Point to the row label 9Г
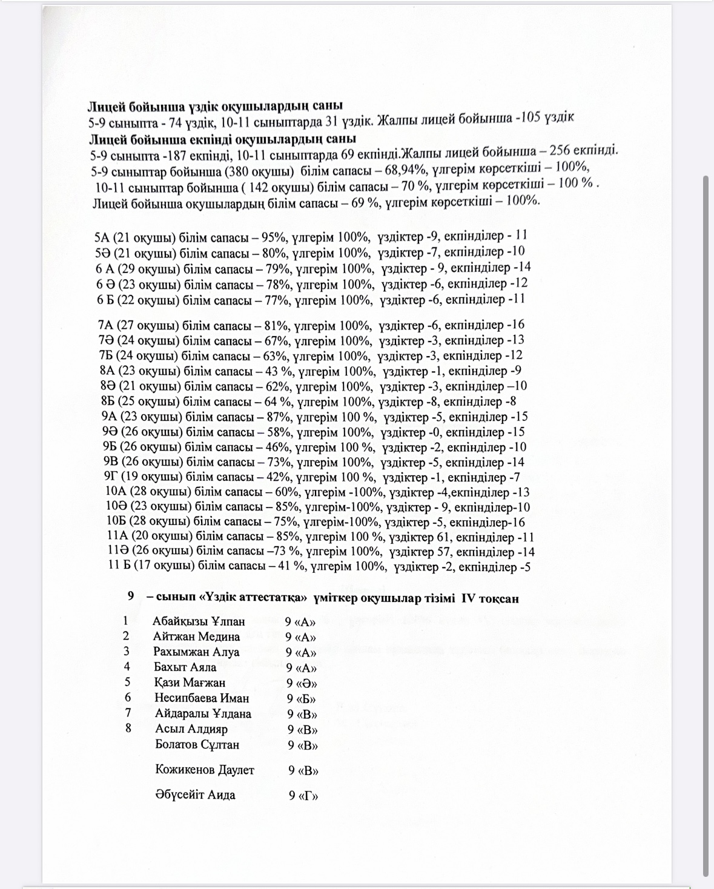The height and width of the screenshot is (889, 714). click(111, 477)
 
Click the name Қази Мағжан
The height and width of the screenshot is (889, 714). click(190, 682)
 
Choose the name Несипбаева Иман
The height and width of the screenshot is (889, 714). click(202, 698)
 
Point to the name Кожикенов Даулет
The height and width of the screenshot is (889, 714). click(205, 770)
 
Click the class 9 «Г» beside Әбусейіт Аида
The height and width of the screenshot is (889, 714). click(303, 795)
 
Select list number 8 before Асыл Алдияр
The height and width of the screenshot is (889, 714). click(128, 728)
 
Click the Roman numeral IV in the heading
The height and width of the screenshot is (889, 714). click(471, 598)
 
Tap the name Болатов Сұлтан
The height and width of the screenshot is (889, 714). click(197, 744)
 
